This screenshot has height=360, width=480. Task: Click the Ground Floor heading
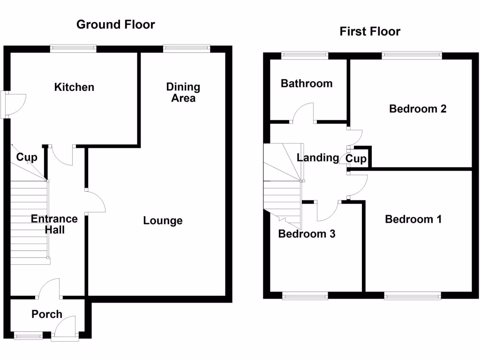pos(115,24)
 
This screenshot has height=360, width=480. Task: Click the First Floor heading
pos(370,31)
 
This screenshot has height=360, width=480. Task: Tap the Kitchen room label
pos(74,87)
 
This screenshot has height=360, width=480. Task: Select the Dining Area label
pos(183,92)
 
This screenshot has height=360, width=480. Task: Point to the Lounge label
pos(163,221)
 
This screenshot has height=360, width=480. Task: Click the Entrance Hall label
pos(54,224)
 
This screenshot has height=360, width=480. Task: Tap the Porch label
pos(47,314)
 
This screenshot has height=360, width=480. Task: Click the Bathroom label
pos(307,83)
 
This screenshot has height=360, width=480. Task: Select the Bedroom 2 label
pos(418,109)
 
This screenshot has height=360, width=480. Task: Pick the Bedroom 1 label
pos(413,219)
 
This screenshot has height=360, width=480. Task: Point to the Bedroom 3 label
pos(307,234)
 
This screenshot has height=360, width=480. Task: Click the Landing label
pos(317,157)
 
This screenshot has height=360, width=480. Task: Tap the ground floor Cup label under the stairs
pos(27,157)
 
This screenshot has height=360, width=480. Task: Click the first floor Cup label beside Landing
pos(356,159)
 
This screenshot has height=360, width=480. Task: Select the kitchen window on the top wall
pos(74,47)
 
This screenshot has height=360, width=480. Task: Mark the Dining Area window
pos(186,47)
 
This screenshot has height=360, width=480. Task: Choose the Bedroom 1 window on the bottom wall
pos(412,295)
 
